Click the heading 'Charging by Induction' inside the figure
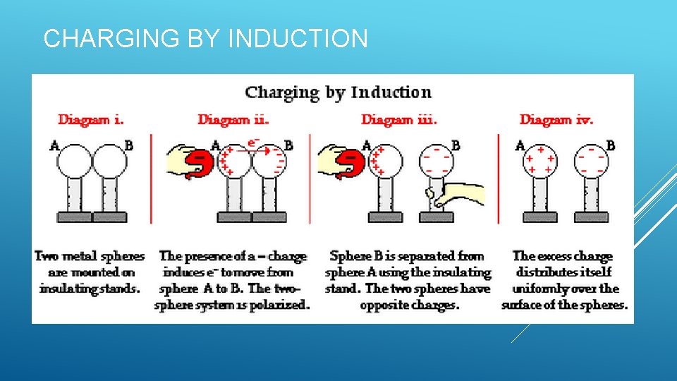point(338,92)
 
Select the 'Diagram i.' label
point(92,120)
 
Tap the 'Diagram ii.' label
point(233,120)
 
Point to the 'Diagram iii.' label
point(399,120)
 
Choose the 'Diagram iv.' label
point(556,120)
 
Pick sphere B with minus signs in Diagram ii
point(269,162)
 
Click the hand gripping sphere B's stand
point(458,193)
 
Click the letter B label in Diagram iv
point(611,145)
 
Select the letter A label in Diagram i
point(54,146)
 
